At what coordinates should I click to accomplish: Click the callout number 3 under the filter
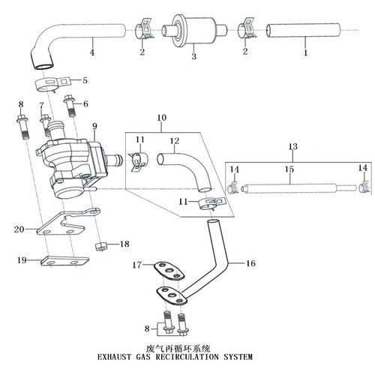pos(194,56)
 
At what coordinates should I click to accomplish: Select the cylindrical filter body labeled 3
pos(194,31)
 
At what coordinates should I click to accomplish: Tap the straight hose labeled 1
pos(303,31)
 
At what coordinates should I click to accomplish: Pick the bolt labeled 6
pos(70,106)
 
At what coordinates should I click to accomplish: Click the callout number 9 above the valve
pos(94,126)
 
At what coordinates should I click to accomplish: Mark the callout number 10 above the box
pos(162,118)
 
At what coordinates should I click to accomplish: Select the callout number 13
pos(292,146)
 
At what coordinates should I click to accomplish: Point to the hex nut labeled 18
pos(101,247)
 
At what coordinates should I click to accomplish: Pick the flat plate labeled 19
pos(65,261)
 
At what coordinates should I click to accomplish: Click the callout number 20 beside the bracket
pos(19,229)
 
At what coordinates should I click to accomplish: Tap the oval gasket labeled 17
pos(169,271)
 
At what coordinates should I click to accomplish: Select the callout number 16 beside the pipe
pos(250,263)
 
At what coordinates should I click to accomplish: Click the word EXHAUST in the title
pos(114,357)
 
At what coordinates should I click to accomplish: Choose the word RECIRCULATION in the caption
pos(187,357)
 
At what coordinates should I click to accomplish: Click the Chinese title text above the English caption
pos(178,348)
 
